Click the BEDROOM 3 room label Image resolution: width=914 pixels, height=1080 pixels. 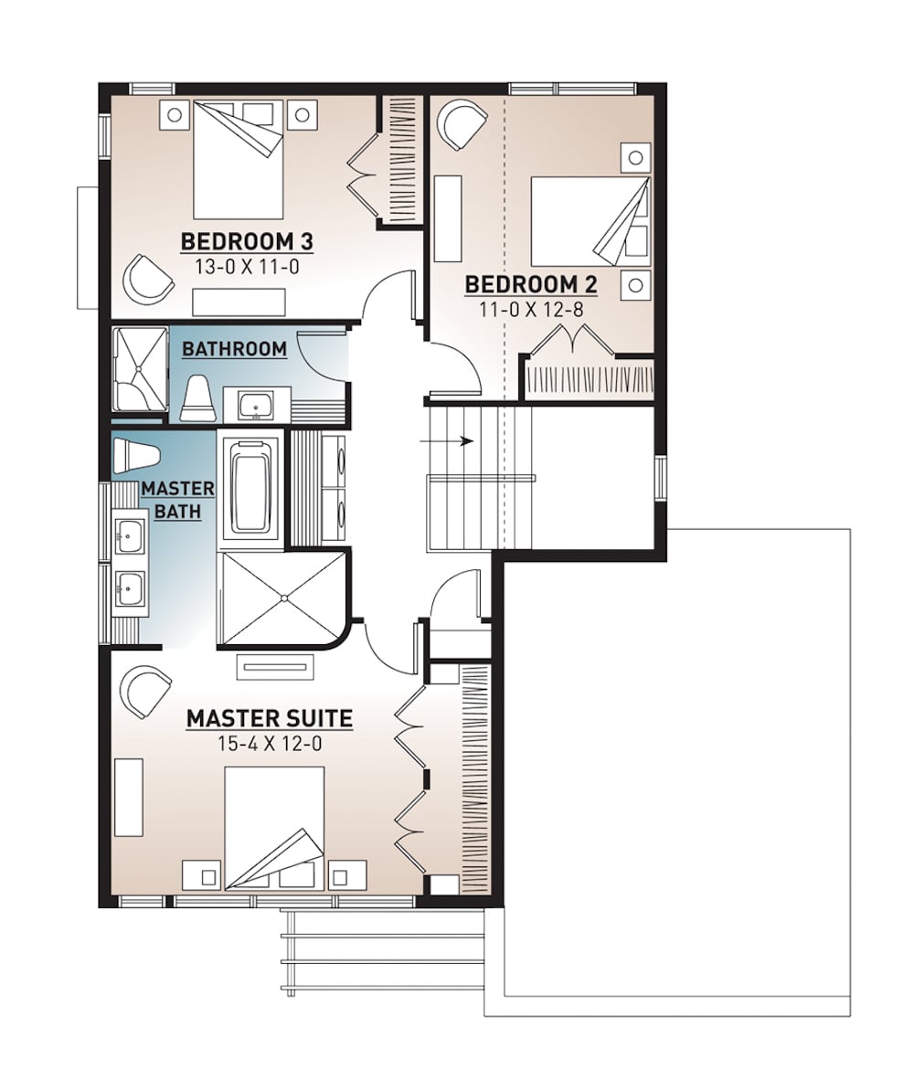coord(248,242)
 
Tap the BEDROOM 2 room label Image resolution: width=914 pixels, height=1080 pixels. coord(531,284)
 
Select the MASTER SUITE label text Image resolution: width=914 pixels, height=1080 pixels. coord(270,719)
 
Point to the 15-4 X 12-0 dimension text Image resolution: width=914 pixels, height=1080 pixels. coord(270,744)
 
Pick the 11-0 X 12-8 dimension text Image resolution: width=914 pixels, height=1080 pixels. coord(531,309)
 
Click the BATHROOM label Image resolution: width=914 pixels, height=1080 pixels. coord(234,349)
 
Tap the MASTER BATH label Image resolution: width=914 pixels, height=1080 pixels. coord(177,500)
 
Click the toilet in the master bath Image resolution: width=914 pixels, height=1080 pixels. coord(137,453)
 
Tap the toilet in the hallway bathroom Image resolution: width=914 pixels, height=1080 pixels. coord(197,400)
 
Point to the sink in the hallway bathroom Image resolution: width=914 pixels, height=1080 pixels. coord(255,403)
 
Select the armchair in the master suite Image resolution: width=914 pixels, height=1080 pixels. coord(146,691)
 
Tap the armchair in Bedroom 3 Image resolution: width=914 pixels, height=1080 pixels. coord(149,277)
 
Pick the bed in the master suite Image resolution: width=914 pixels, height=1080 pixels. coord(275,827)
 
